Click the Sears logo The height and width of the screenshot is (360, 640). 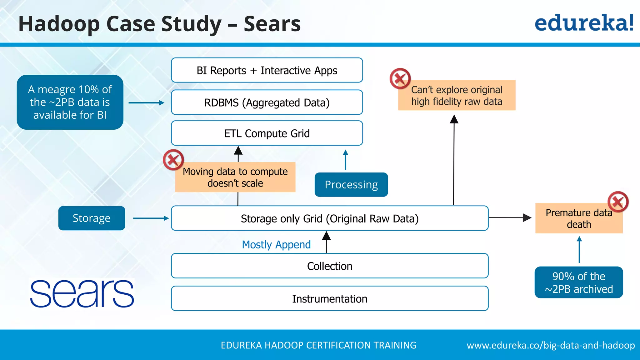coord(82,293)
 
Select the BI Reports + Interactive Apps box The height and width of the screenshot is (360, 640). coord(267,70)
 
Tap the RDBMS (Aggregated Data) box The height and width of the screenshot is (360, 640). coord(267,102)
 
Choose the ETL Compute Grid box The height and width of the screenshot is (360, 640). coord(267,133)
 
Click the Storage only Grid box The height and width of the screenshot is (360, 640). coord(330,218)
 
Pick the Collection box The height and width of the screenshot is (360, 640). coord(330,266)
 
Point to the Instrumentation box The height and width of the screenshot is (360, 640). coord(330,299)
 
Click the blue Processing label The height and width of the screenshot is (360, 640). coord(351,185)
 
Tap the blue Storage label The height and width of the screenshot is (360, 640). coord(92,218)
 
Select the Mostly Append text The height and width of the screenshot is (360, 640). coord(276,244)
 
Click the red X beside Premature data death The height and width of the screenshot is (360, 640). coord(618,202)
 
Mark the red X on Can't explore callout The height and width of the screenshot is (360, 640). coord(400,78)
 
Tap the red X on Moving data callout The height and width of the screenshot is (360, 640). coord(173,160)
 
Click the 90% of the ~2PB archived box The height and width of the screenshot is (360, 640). coord(579,282)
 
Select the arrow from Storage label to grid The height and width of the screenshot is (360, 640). coord(151,218)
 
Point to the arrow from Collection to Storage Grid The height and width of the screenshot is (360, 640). coord(326,242)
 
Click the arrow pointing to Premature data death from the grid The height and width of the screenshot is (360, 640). coord(510,217)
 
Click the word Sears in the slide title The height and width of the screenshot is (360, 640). coord(272,24)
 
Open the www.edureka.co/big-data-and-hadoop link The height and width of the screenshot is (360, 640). coord(551,345)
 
